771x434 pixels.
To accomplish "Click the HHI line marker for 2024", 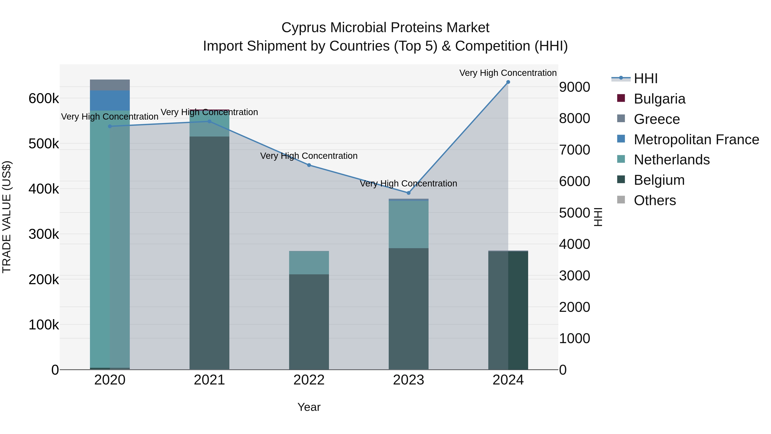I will point(508,82).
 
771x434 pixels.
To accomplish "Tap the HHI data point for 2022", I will point(309,165).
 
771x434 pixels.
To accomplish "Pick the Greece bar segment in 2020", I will point(110,85).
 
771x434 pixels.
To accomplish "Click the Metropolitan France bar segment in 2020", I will point(110,101).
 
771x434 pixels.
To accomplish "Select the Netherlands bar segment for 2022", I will point(309,263).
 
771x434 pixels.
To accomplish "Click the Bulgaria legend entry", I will point(659,99).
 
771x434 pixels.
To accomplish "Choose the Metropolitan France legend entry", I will point(696,140).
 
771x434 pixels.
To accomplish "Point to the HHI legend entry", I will point(645,78).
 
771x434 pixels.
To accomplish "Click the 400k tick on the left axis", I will point(44,189).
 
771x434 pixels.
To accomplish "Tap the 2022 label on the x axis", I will point(309,380).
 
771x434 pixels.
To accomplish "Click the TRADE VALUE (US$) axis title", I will point(7,217).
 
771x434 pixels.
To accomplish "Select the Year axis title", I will point(309,407).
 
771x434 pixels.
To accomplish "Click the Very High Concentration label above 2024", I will point(508,73).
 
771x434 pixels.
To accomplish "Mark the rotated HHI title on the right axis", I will point(598,217).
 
